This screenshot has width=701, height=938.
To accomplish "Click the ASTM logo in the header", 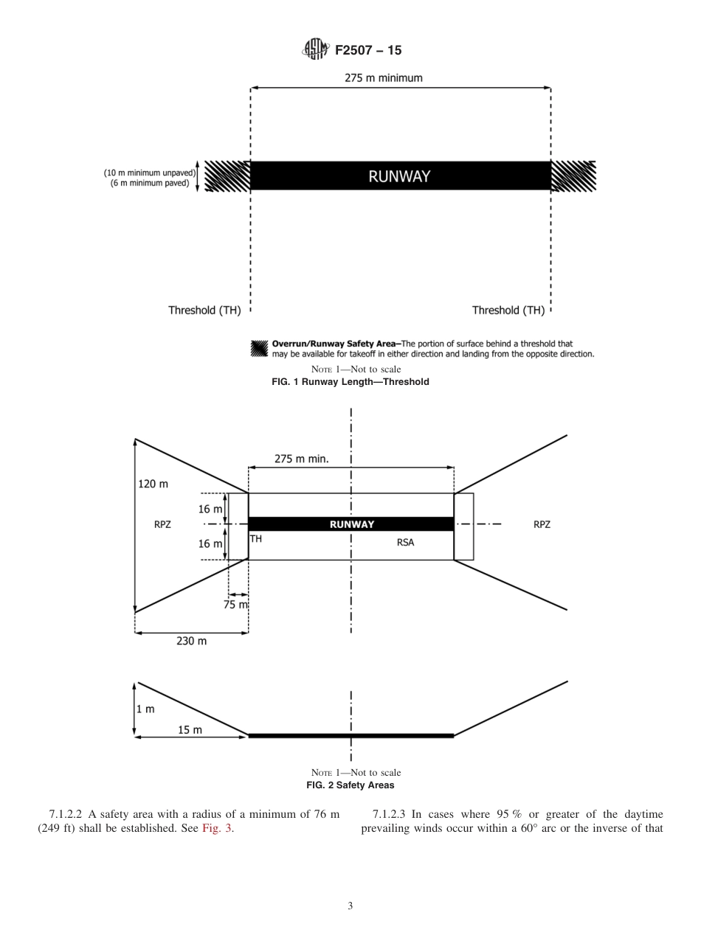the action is [315, 50].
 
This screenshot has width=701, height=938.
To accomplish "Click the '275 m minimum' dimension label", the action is [384, 77].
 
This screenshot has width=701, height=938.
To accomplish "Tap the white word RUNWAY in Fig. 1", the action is [399, 176].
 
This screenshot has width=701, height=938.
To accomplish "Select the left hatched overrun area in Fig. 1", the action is [227, 176].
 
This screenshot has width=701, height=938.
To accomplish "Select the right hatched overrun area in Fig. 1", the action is [573, 176].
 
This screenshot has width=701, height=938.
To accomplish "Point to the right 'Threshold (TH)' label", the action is [508, 310].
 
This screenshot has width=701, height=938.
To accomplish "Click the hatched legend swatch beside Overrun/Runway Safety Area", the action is [259, 348].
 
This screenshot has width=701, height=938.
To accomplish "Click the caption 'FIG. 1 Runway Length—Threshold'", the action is [350, 382].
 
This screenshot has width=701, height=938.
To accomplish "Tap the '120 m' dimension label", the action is [153, 484].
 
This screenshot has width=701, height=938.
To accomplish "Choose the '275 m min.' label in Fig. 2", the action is [301, 458].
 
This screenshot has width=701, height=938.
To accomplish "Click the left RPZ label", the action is [162, 525].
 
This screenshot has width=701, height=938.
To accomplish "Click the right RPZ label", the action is [542, 525].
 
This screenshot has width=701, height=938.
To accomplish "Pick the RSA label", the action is [405, 542].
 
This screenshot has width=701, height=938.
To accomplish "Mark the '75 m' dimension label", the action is [235, 605].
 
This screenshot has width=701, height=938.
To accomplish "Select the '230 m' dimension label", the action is [191, 641].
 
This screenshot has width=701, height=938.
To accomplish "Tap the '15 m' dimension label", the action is [190, 730].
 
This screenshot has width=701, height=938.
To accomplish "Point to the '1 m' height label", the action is [146, 709].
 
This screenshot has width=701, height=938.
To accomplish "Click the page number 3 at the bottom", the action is [350, 906].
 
